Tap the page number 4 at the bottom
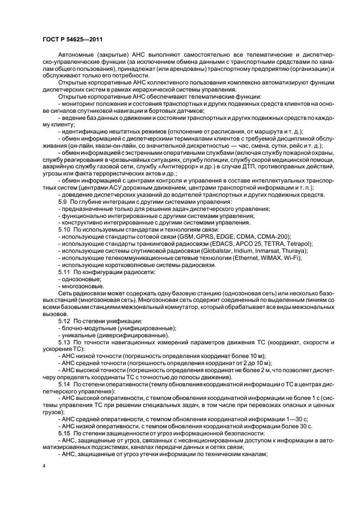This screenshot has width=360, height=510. click(x=44, y=466)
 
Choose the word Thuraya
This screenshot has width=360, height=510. click(x=295, y=251)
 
